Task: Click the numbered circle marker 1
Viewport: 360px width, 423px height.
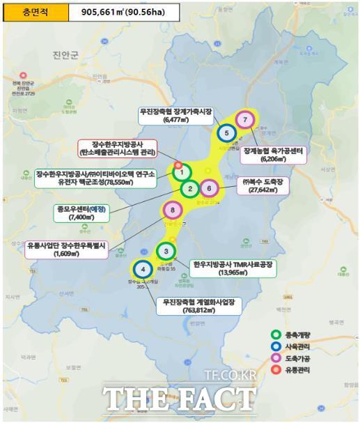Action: [x=181, y=172]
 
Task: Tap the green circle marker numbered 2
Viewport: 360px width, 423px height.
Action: [x=189, y=188]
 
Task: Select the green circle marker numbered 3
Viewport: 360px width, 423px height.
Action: [x=166, y=251]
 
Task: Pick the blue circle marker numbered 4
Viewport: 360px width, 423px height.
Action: [x=142, y=268]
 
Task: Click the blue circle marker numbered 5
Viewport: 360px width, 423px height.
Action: [x=226, y=132]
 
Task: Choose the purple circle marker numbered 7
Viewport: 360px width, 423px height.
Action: [x=244, y=119]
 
